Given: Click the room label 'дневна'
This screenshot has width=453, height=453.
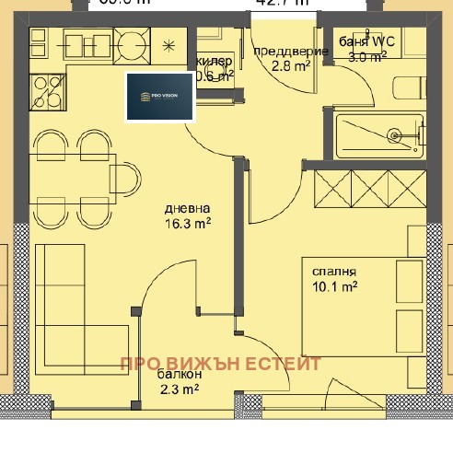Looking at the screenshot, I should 188,207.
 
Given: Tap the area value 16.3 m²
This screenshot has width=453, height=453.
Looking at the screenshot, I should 188,223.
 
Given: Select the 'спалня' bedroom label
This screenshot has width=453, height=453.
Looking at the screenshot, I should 334,272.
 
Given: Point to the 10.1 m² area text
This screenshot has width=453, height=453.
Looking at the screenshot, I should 334,287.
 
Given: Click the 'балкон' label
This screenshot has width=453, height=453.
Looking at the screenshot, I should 175,375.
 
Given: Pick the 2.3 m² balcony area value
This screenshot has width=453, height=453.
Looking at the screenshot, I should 178,389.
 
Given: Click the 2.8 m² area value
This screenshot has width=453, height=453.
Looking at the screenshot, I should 288,66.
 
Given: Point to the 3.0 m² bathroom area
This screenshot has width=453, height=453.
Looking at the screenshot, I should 366,55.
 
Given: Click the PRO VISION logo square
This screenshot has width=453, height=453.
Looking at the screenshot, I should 160,96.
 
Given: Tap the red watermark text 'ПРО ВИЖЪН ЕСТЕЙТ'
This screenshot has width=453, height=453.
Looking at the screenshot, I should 220,364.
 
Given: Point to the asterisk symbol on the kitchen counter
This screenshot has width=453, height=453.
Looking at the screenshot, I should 168,45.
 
